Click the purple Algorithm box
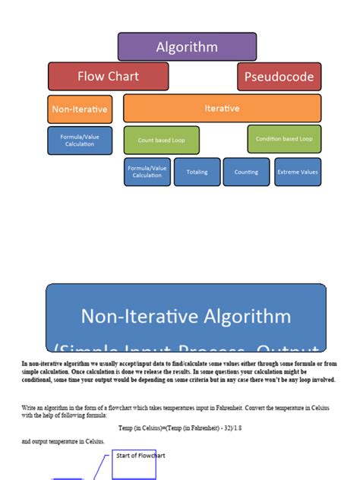[187, 47]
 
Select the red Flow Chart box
[108, 77]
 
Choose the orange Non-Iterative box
[80, 109]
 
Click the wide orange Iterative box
[222, 109]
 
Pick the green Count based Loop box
[162, 140]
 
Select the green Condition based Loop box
[284, 139]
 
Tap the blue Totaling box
[197, 172]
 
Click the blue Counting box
[246, 172]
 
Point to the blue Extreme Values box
[298, 172]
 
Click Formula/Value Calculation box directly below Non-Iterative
[80, 141]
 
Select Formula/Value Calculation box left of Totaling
[147, 172]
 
